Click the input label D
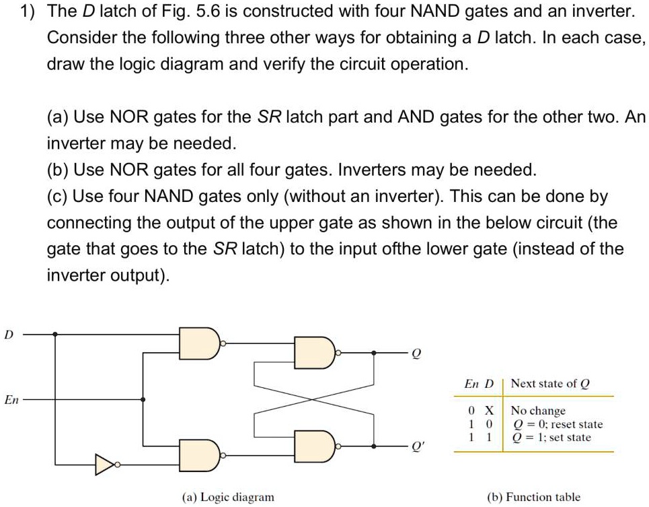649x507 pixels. tap(8, 333)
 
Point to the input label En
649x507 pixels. tap(11, 400)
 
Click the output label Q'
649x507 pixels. tap(418, 446)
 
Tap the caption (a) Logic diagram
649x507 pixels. tap(228, 497)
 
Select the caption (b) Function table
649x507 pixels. tap(533, 497)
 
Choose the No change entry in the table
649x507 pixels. tap(538, 411)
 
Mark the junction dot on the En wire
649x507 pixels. tap(143, 400)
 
